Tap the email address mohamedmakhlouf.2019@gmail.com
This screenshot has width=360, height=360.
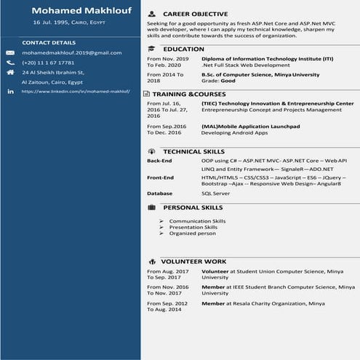click(71, 53)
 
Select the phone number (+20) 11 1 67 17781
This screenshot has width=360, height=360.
click(48, 63)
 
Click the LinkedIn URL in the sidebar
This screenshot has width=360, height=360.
click(76, 92)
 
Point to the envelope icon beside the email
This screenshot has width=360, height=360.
click(10, 53)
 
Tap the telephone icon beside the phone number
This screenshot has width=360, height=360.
click(10, 63)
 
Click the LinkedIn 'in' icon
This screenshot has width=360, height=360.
click(10, 92)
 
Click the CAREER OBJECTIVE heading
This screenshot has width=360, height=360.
click(195, 14)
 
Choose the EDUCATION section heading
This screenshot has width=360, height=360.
click(184, 49)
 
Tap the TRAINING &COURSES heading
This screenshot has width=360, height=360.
click(189, 95)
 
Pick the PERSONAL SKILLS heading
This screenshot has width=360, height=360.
click(193, 207)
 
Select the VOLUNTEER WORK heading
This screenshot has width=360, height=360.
click(193, 260)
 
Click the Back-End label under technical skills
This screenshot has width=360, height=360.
click(159, 160)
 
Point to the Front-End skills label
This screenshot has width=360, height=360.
click(160, 177)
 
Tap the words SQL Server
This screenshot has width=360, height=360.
click(215, 193)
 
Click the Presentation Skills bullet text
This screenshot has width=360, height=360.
click(193, 227)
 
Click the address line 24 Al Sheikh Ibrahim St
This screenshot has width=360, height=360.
click(54, 73)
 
